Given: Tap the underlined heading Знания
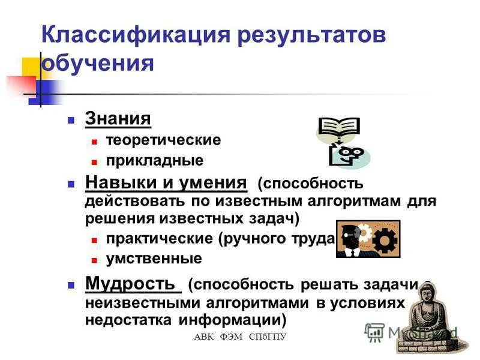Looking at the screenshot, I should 118,118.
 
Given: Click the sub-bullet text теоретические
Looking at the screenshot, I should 163,140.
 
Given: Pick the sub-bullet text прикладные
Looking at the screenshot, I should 155,161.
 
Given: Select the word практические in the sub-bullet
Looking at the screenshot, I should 160,239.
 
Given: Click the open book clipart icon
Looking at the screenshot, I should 338,127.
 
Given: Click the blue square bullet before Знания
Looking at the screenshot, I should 71,119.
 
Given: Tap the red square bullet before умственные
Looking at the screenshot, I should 94,260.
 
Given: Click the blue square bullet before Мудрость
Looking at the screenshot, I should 71,284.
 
